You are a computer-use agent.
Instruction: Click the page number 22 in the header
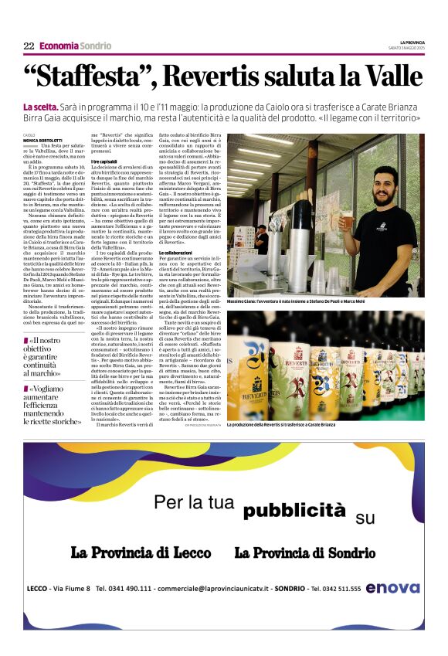click(x=29, y=46)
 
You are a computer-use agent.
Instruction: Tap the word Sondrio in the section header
click(x=95, y=46)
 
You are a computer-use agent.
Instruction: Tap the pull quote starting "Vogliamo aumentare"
click(x=53, y=406)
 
